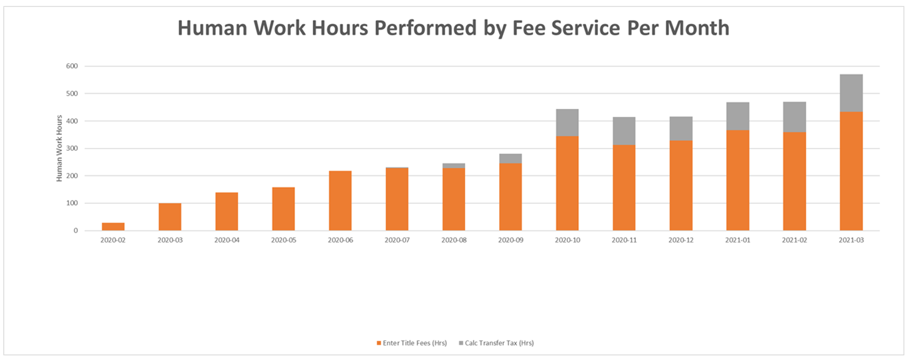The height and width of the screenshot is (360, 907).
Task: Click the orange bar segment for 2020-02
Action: [113, 226]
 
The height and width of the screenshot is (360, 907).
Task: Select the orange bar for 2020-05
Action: [283, 209]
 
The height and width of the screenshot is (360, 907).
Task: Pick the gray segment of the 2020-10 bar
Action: [567, 123]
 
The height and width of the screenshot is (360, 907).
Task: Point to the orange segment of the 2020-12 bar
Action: [680, 185]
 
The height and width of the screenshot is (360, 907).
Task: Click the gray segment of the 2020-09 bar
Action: [510, 159]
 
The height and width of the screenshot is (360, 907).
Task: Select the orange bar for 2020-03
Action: [169, 217]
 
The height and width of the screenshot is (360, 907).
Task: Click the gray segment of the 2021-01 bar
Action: [738, 116]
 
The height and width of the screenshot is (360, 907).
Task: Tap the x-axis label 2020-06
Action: [340, 240]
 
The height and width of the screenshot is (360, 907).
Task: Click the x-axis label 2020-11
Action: [623, 240]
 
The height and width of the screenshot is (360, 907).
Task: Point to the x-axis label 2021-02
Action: [794, 240]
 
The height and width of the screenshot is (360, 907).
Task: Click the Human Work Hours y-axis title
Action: [58, 148]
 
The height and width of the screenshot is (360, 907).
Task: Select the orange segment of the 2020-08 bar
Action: [453, 199]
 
